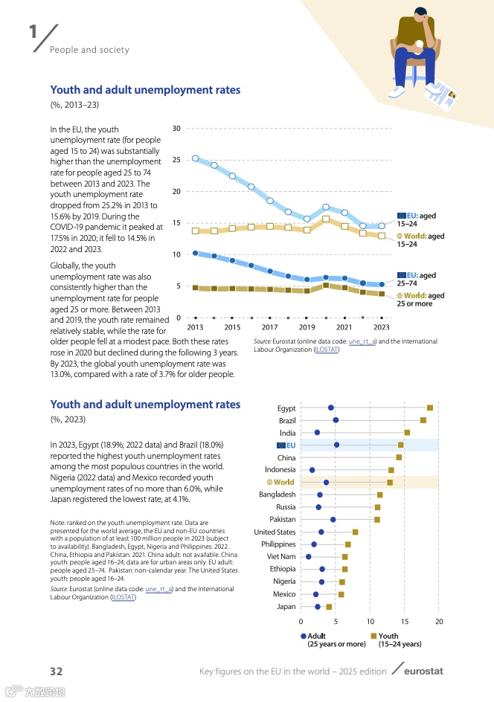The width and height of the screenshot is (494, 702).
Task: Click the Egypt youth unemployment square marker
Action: (430, 408)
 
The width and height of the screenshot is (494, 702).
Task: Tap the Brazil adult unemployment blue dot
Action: (336, 420)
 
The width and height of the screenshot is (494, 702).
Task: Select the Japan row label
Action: (286, 606)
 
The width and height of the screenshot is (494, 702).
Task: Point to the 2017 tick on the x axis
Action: (269, 327)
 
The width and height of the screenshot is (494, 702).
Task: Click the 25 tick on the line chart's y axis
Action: (176, 160)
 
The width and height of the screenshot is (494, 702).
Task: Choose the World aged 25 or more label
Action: (420, 299)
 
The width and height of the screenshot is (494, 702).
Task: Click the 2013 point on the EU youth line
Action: (195, 158)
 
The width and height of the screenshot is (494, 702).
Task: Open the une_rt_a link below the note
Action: (159, 588)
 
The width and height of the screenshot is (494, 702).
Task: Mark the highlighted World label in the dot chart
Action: (280, 482)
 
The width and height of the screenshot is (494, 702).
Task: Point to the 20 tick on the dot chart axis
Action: (439, 621)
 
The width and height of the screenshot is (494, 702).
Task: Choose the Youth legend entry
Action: (387, 636)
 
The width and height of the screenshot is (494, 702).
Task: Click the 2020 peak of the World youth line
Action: (326, 219)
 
